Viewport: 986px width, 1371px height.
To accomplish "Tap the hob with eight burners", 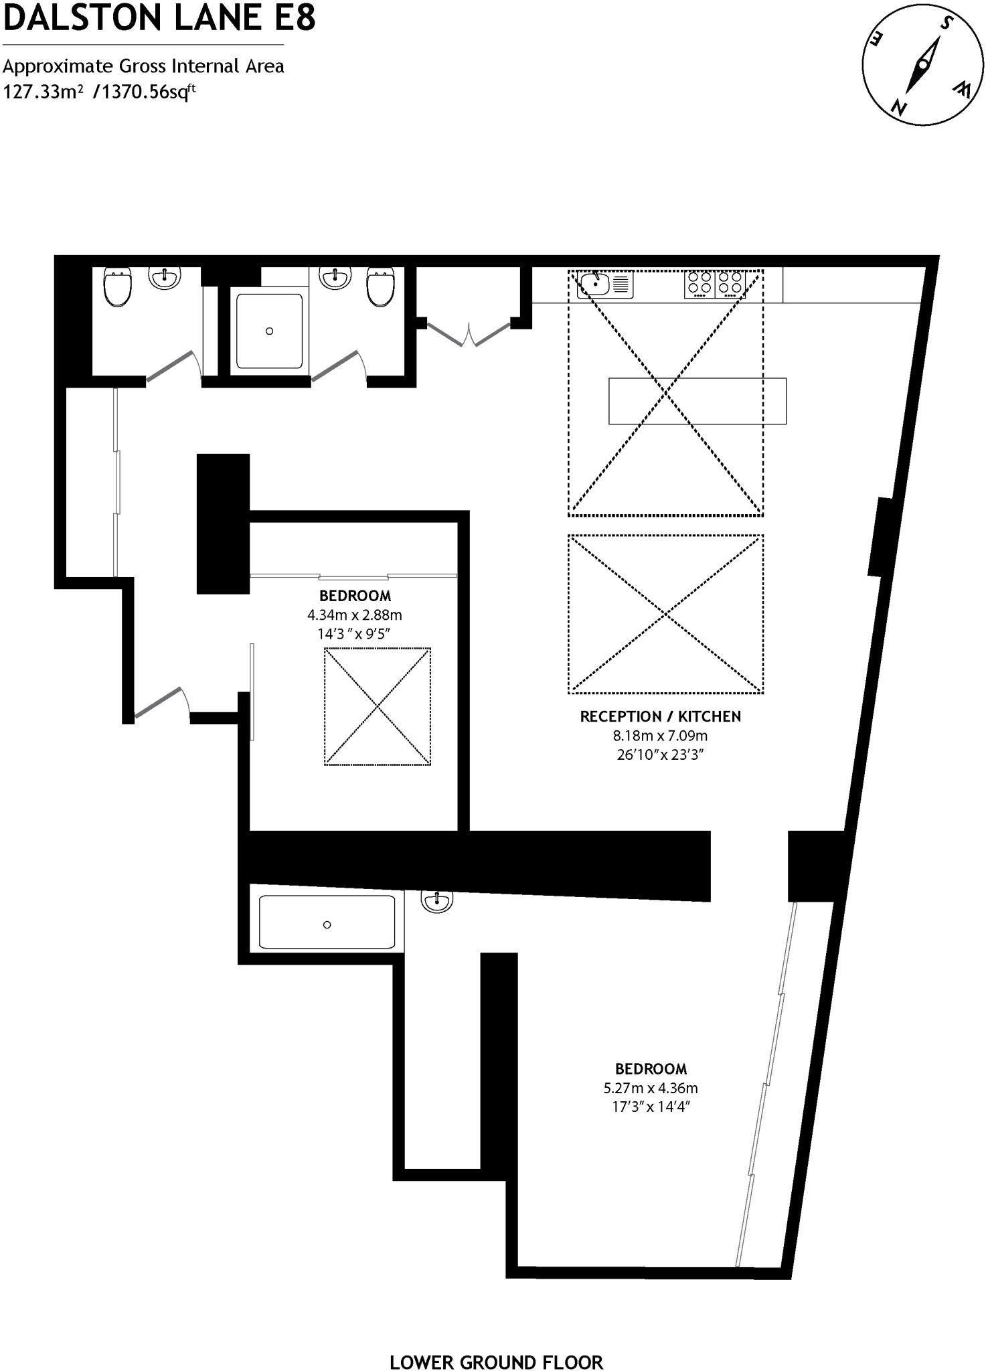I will click(x=715, y=284).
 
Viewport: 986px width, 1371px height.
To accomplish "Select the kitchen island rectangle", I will click(x=697, y=401).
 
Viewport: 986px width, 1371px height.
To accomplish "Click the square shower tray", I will click(x=269, y=331).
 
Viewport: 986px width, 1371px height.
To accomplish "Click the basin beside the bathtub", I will click(x=436, y=901).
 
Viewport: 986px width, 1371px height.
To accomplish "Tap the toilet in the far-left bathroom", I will click(x=118, y=287).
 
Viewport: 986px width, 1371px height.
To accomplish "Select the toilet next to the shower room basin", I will click(x=380, y=287).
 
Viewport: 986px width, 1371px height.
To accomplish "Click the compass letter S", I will click(x=946, y=23).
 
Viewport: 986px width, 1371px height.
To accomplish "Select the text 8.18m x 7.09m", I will click(x=660, y=735).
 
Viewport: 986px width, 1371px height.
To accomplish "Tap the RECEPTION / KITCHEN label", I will click(x=660, y=716).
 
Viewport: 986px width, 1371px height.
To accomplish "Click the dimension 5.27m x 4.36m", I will click(x=651, y=1088).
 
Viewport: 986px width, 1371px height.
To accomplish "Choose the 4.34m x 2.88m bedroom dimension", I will click(x=355, y=615).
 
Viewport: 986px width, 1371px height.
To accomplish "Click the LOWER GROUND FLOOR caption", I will click(x=496, y=1343).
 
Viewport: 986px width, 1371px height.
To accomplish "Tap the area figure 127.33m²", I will click(x=44, y=92).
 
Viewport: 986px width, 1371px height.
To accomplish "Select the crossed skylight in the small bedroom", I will click(x=378, y=706).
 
